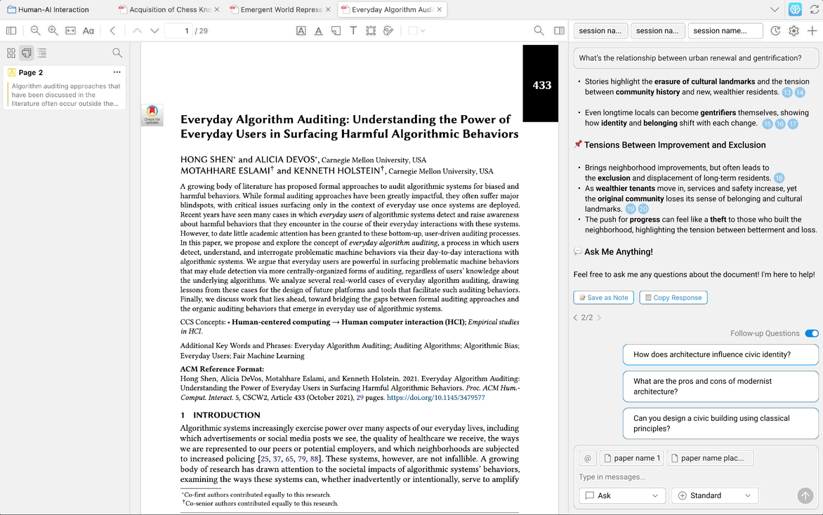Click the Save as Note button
click(x=603, y=297)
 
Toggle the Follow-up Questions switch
click(x=811, y=333)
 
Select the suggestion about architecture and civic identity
click(x=720, y=354)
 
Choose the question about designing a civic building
click(x=720, y=423)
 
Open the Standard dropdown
click(x=715, y=495)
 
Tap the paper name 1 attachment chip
click(x=631, y=458)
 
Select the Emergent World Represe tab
click(x=281, y=10)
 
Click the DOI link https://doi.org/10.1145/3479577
click(x=435, y=397)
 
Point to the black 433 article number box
click(x=542, y=85)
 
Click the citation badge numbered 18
click(x=779, y=178)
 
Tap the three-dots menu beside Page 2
click(x=117, y=72)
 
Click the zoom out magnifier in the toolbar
click(x=35, y=31)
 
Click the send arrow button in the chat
click(x=805, y=495)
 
